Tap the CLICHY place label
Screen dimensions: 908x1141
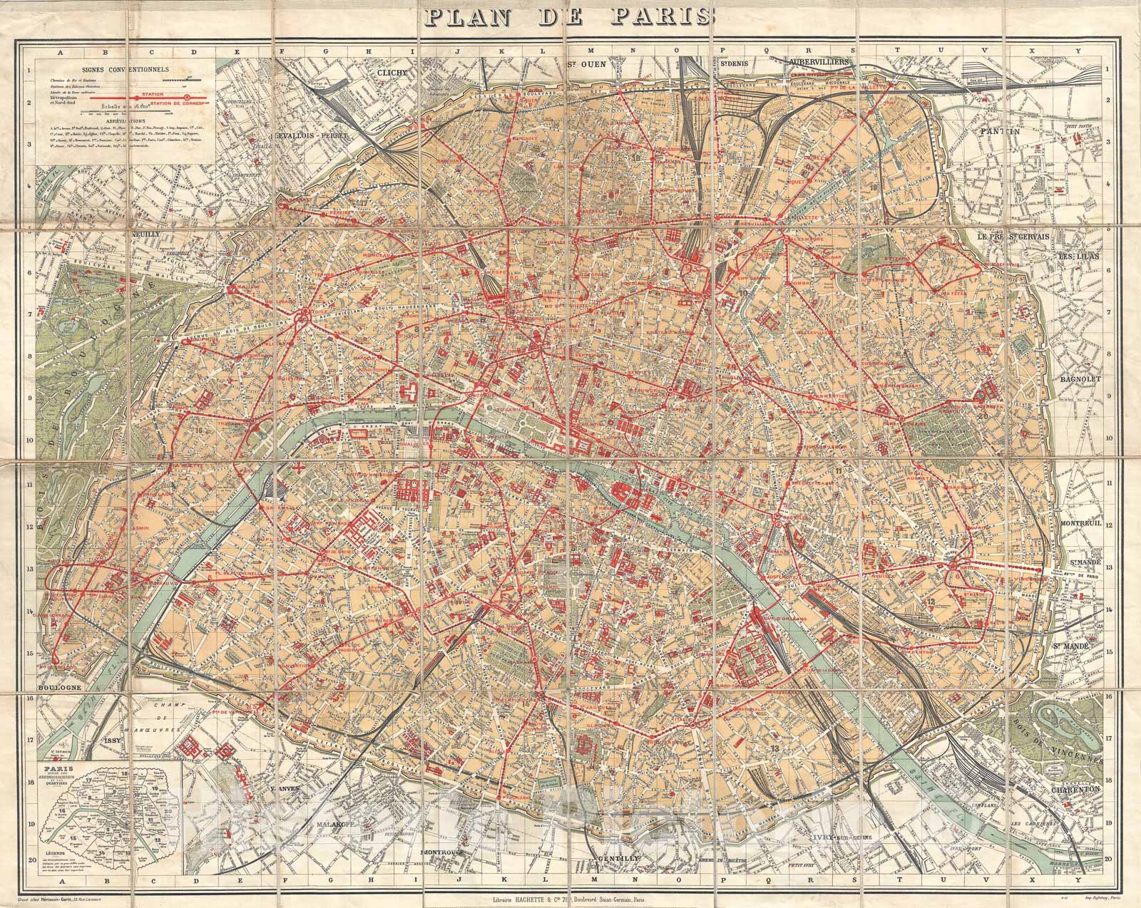390,73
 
